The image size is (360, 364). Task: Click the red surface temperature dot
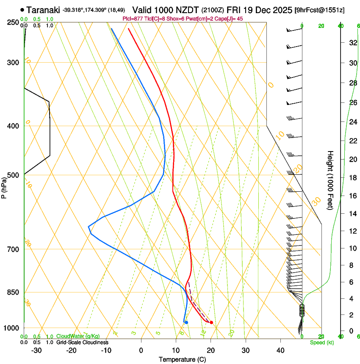pos(211,323)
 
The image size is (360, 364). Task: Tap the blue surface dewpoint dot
pos(186,323)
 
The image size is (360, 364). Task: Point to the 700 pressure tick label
pos(14,249)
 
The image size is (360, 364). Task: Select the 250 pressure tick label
pos(14,22)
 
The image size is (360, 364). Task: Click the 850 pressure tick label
pos(14,292)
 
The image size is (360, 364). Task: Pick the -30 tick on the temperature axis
pos(37,350)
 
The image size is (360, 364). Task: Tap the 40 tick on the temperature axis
pos(280,350)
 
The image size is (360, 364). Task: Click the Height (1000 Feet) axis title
pos(330,180)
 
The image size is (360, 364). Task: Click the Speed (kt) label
pos(322,342)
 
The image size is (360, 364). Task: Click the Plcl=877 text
pos(132,19)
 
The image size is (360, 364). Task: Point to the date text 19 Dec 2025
pos(266,9)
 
